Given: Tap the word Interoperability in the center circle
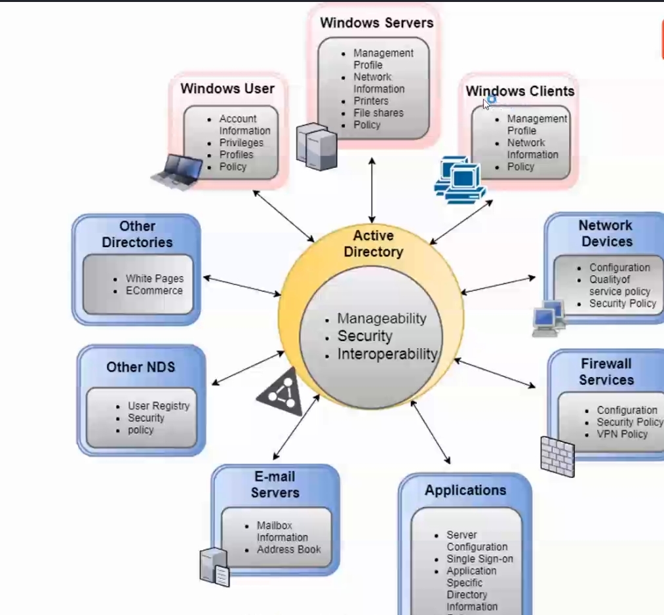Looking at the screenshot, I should point(387,355).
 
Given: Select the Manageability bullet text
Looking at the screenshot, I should point(381,319).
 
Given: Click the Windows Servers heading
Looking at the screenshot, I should point(376,23).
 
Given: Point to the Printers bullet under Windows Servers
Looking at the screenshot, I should point(371,101).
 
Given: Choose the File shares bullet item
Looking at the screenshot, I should point(378,113).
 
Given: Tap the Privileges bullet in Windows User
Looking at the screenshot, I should point(241,143).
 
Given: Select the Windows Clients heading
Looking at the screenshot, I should point(520,91).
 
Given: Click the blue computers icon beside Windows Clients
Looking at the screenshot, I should point(459,177).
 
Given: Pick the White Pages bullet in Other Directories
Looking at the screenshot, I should point(155,279).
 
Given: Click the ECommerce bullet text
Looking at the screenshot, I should point(154,290).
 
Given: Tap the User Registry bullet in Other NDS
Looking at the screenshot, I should point(159,406).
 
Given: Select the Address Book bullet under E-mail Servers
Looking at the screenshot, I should point(288,549).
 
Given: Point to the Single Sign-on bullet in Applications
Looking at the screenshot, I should point(480,559).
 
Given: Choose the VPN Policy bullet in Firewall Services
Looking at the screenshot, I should point(622,434).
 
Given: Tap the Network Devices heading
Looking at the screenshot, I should point(606,233).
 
